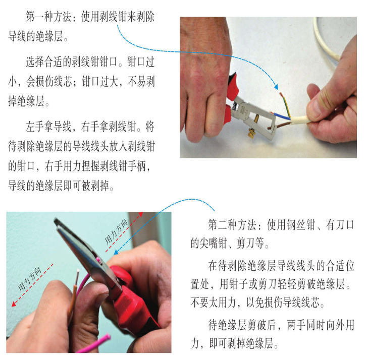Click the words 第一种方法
coord(48,17)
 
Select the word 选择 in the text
coord(35,62)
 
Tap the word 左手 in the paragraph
coord(35,127)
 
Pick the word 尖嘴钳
coord(213,243)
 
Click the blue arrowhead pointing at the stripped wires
coord(276,87)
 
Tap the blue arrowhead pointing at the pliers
coord(116,252)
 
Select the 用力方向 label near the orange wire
coord(30,279)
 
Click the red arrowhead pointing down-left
coord(14,304)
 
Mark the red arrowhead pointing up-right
coord(141,214)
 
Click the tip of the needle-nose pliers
coord(56,221)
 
